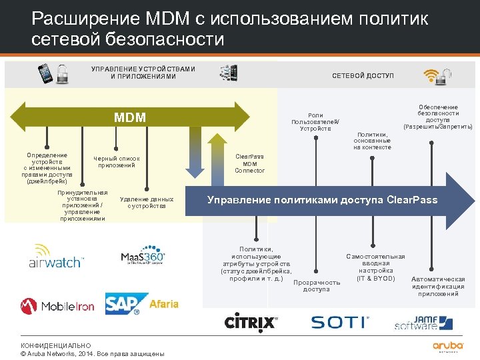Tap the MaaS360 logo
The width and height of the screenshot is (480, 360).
pos(143,257)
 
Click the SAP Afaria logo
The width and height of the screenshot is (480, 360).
pos(142,304)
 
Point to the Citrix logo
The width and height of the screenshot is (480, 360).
pos(250,323)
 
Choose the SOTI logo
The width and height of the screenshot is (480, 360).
pos(339,323)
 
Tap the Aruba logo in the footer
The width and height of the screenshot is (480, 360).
pos(447,346)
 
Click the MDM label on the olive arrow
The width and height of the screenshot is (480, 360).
pos(130,118)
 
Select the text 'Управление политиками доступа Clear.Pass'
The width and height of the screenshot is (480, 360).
pos(323,199)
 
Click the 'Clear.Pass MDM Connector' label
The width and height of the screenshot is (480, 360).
pos(250,163)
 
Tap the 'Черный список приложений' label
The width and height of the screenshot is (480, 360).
pos(117,161)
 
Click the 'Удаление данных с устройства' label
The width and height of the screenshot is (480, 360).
pos(146,203)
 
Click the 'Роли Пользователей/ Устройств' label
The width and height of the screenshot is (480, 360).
pos(315,122)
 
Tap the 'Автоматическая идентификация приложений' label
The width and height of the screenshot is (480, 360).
pos(438,286)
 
